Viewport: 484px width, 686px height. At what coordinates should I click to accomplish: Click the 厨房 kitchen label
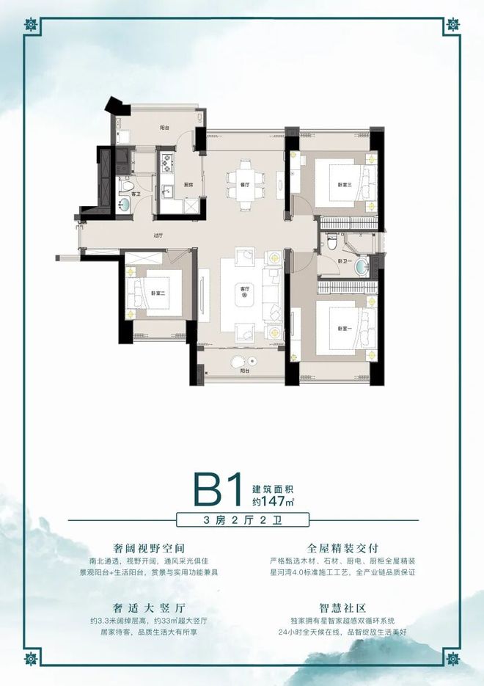188,185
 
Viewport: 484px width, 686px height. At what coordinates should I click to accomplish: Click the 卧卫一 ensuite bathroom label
342,260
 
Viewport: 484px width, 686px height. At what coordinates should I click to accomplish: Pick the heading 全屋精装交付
342,548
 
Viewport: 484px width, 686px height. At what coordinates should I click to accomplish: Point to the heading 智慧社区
342,607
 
